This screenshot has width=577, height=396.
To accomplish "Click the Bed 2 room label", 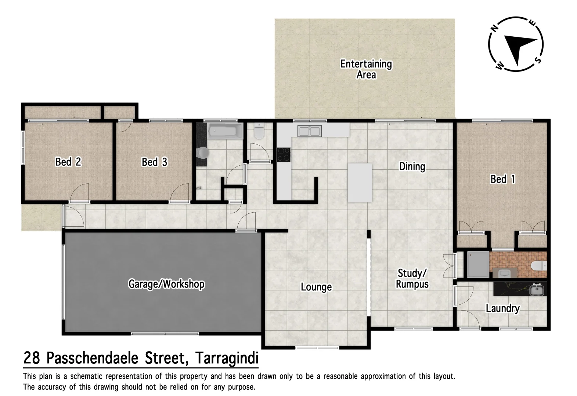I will click(68, 162).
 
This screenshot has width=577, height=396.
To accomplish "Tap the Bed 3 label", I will click(154, 162).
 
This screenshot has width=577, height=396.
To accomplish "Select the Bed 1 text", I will click(503, 179).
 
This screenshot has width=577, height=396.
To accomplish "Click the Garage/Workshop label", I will click(166, 284).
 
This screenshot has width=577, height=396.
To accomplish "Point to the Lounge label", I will click(316, 287).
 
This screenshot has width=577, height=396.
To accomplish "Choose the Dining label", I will click(412, 166).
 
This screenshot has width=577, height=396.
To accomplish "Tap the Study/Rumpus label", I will click(412, 279).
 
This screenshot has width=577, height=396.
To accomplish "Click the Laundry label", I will click(502, 308).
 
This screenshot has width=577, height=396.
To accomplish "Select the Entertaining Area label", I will click(366, 69).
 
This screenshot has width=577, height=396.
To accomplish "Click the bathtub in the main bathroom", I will click(225, 131).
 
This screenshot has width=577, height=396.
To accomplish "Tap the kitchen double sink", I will click(310, 131).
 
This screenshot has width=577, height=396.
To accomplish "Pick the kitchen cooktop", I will click(283, 154).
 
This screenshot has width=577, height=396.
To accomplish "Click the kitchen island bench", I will click(360, 183).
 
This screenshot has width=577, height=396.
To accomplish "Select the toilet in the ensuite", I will click(539, 265).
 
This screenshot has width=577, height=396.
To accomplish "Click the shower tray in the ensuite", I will click(478, 264).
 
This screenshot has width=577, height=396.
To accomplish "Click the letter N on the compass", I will click(495, 28).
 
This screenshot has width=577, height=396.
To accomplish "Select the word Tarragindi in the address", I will click(227, 358).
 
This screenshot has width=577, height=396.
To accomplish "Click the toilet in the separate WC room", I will click(259, 132).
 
